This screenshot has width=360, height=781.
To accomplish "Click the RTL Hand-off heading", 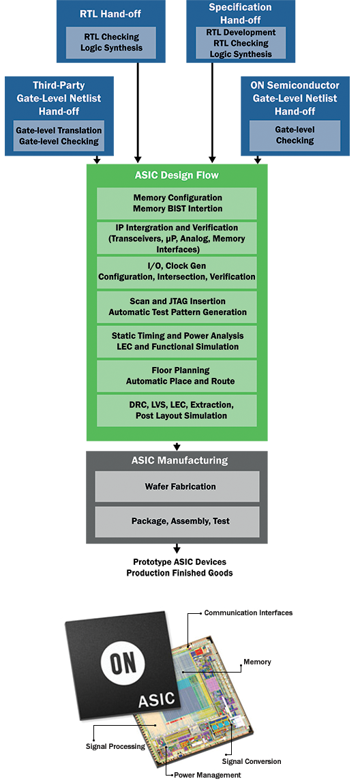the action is [110, 14].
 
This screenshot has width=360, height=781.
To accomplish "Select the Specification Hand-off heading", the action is [240, 14].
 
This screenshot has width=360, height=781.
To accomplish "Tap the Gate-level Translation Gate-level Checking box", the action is [59, 136].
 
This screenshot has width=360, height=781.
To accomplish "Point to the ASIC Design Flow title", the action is [177, 175].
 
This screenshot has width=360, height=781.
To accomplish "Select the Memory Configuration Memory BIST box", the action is [177, 203].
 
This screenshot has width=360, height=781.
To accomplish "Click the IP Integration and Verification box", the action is [177, 238].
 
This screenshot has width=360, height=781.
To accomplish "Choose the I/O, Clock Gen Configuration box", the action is [177, 271].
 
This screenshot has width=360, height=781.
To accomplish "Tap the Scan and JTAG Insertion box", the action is [177, 306].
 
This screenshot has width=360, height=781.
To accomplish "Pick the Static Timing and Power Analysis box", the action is [177, 341].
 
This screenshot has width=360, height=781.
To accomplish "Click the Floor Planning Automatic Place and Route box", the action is [177, 376].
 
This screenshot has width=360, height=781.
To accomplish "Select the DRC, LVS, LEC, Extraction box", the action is [177, 411].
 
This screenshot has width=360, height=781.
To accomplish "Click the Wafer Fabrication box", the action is [177, 486].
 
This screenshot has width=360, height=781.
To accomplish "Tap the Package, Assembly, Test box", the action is [177, 522].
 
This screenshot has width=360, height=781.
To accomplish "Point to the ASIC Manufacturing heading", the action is [177, 460].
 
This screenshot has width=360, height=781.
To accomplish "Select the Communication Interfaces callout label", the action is [248, 613].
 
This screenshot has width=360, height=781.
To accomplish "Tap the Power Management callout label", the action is [207, 775].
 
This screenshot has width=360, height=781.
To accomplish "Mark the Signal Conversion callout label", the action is [252, 762].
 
